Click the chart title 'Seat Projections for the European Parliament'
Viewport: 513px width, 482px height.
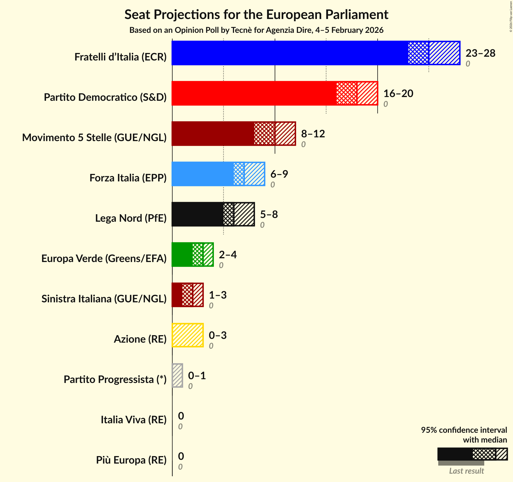pos(256,15)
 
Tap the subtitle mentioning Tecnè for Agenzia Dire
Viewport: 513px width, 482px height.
pos(256,30)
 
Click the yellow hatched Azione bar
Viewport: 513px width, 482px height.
pos(188,335)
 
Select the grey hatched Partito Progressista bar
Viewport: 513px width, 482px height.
pos(177,375)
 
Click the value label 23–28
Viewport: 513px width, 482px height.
pos(480,53)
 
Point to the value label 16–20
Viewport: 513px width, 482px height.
pos(398,94)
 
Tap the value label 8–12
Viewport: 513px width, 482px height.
pos(313,134)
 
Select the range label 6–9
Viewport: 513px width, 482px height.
pos(279,174)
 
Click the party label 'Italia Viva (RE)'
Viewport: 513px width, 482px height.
pos(133,420)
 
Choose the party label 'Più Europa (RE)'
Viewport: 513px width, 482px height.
pos(131,460)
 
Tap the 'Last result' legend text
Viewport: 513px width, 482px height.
pos(466,471)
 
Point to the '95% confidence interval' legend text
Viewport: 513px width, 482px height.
pos(464,430)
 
